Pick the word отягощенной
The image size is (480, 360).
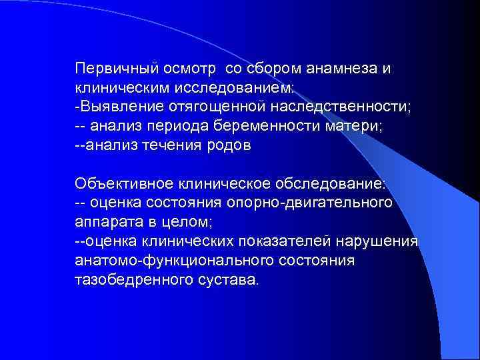point(218,108)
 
